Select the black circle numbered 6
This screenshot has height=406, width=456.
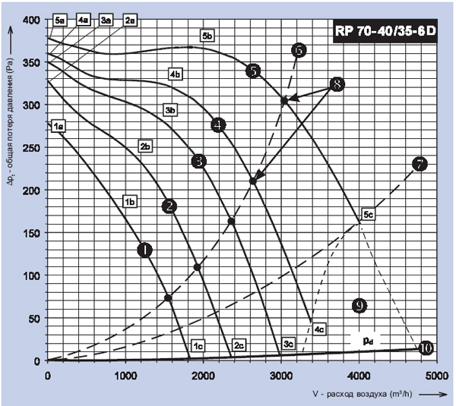pos(299,50)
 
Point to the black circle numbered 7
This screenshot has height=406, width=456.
pos(419,164)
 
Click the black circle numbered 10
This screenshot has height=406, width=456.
pos(425,348)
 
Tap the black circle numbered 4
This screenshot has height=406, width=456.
pos(219,125)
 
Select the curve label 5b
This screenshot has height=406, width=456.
pos(207,36)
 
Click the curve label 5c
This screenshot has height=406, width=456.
pos(369,215)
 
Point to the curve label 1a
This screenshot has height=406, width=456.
pos(58,126)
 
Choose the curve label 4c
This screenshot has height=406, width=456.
pos(319,329)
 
